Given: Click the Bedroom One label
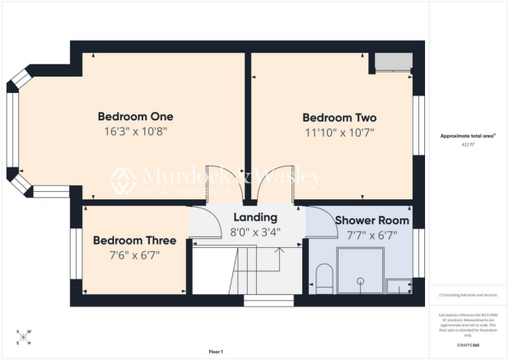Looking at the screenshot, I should (135, 115).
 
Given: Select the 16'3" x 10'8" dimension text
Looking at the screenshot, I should (135, 130).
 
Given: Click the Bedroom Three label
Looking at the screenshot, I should (134, 241).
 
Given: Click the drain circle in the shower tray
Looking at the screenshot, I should (359, 281).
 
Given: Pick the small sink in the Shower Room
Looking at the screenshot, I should (399, 286).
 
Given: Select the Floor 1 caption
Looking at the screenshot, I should (216, 352).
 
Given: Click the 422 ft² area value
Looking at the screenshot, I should (469, 144).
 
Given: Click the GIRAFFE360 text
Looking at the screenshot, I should (469, 345).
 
